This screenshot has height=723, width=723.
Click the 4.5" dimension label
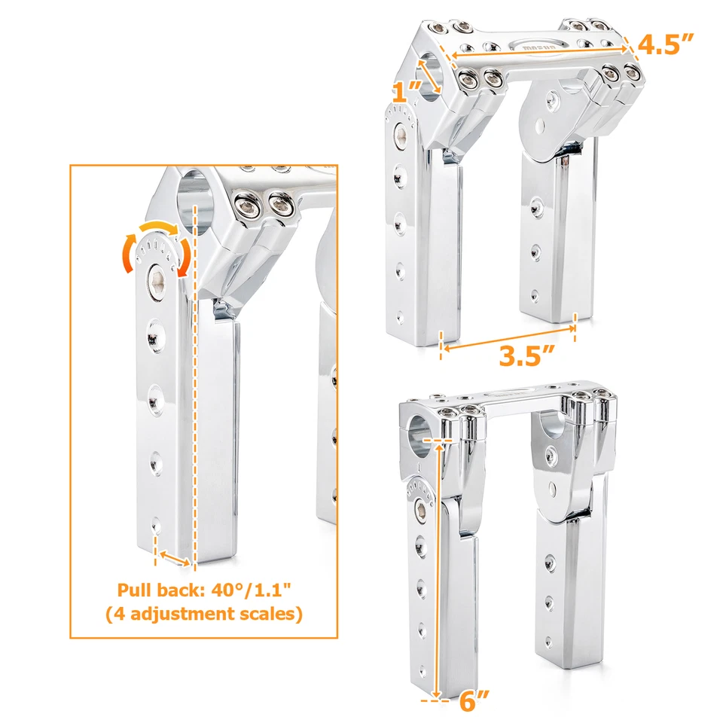[665, 44]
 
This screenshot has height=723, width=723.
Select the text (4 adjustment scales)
[203, 614]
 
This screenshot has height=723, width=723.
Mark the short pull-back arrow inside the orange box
[174, 558]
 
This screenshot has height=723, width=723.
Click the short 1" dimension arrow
[432, 75]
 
